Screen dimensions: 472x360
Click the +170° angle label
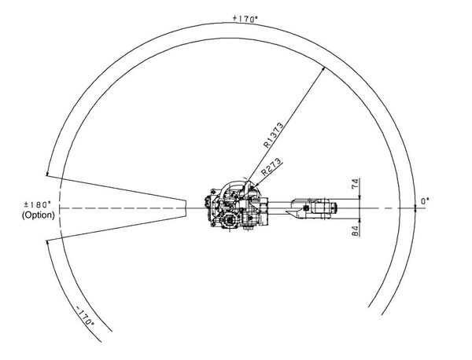pos(245,19)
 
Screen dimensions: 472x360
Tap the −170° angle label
pos(85,316)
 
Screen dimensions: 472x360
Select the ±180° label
pos(37,205)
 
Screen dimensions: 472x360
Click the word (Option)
pos(39,215)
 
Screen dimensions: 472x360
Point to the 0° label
pos(425,201)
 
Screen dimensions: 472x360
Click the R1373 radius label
pos(273,135)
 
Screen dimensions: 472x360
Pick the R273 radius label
pos(271,167)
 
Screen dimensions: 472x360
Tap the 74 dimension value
pos(356,184)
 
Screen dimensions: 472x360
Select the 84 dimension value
pos(356,230)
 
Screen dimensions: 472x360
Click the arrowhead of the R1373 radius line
pos(324,68)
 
